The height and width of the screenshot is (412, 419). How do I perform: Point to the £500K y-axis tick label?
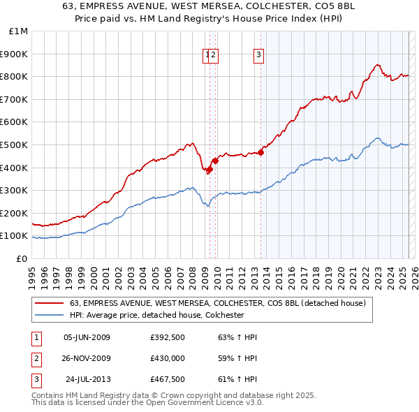(x=16, y=145)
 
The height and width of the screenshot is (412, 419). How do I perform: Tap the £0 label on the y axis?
(x=22, y=258)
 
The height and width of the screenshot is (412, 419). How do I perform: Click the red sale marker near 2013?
(x=261, y=152)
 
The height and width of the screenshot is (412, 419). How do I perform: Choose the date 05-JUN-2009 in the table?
(x=87, y=337)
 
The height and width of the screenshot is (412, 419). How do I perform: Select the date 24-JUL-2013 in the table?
(x=87, y=380)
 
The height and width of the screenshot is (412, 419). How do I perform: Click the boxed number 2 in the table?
(x=35, y=358)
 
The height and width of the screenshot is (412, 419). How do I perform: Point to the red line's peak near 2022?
(x=377, y=65)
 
